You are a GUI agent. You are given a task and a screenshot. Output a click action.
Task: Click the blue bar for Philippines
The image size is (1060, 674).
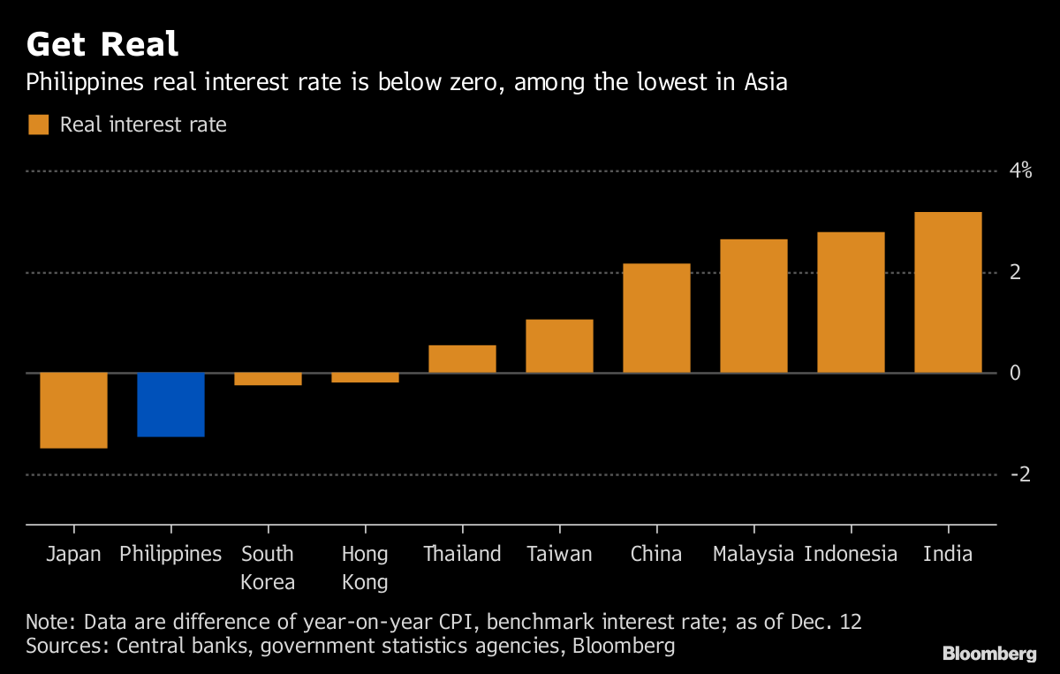tap(170, 405)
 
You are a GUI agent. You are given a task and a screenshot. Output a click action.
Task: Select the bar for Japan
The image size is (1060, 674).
tap(73, 410)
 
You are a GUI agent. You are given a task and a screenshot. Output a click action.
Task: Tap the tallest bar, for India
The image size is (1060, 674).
tap(948, 292)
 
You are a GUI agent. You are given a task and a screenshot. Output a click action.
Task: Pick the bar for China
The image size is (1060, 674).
tap(656, 318)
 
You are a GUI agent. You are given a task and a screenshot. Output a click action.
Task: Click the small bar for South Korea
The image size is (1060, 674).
tap(268, 379)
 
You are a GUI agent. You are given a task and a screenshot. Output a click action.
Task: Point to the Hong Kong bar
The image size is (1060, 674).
tap(365, 377)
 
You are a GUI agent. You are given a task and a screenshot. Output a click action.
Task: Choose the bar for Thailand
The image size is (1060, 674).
tap(462, 359)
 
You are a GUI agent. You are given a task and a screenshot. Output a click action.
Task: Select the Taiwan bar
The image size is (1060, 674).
tap(559, 346)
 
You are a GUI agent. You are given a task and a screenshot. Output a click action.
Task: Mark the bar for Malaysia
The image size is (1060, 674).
tap(753, 306)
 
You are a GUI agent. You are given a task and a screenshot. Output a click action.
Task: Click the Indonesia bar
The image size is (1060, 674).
tap(851, 302)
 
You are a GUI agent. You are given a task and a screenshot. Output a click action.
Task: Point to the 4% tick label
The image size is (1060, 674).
tap(1020, 170)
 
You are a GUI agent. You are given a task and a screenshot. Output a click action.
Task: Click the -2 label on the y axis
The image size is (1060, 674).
tap(1020, 474)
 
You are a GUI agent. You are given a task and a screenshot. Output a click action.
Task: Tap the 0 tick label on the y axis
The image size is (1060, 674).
tap(1015, 373)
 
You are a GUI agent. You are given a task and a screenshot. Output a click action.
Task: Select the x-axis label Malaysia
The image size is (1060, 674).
tap(753, 554)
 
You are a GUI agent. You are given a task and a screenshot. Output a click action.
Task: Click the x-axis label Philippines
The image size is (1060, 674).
tap(170, 554)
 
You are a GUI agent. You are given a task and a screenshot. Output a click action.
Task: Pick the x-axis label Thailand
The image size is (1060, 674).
tap(462, 554)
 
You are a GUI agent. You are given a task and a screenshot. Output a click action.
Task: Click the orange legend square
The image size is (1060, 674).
tap(38, 125)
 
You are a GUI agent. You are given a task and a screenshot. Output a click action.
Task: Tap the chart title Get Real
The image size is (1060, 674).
tap(102, 43)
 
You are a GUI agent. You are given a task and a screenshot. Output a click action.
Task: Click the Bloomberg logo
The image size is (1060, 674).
tap(989, 654)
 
